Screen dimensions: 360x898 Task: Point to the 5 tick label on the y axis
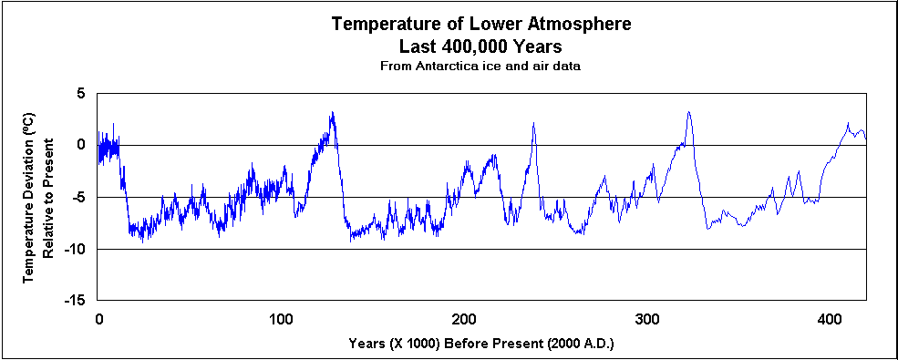point(80,94)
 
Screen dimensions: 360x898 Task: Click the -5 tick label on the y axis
point(77,197)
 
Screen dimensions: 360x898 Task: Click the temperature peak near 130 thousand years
point(333,113)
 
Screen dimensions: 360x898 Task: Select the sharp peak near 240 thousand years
point(533,123)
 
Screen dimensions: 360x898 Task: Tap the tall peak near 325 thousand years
point(688,112)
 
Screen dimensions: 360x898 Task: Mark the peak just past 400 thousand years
point(848,123)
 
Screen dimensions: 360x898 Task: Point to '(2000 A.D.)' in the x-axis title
point(581,344)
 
